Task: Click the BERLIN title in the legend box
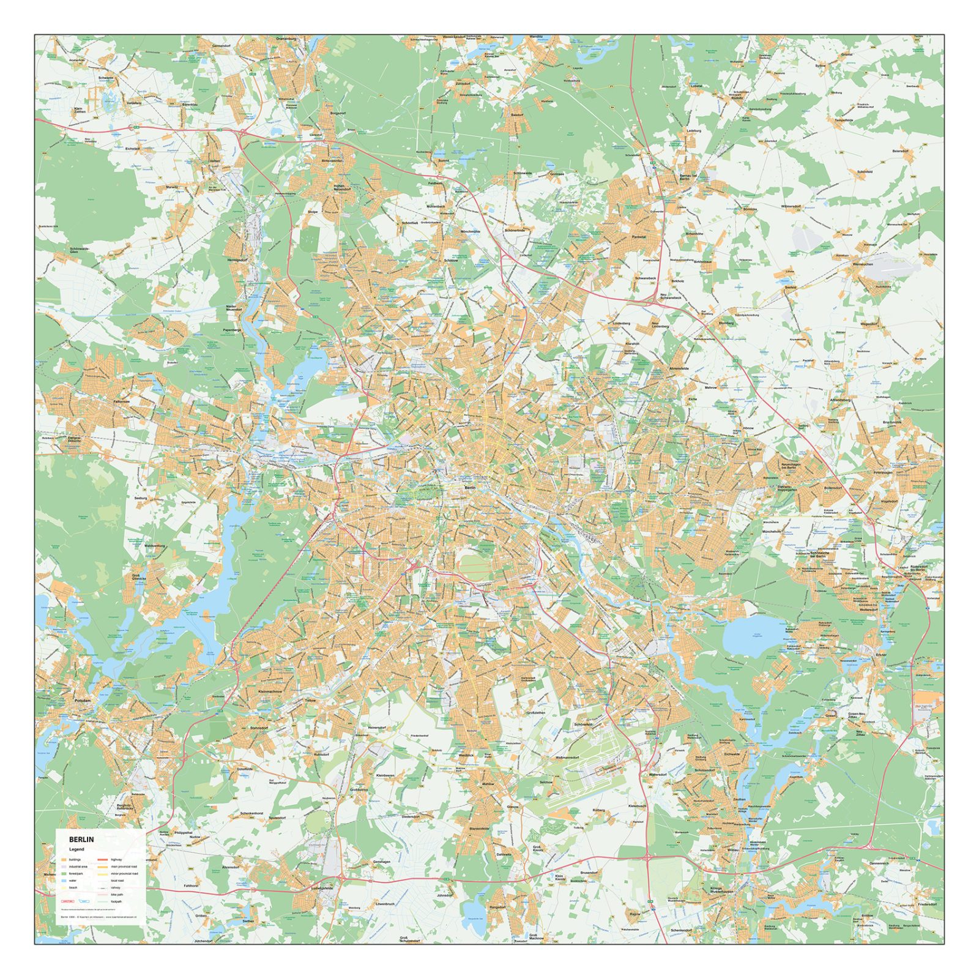coord(81,839)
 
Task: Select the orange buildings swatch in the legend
coord(63,860)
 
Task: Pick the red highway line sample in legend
coord(102,860)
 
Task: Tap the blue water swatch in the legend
coord(63,880)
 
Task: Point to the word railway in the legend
coord(116,887)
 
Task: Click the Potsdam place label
coord(82,700)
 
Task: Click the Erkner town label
coord(880,655)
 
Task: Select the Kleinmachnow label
coord(270,691)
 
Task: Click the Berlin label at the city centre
coord(470,488)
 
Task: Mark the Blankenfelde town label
coord(479,828)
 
